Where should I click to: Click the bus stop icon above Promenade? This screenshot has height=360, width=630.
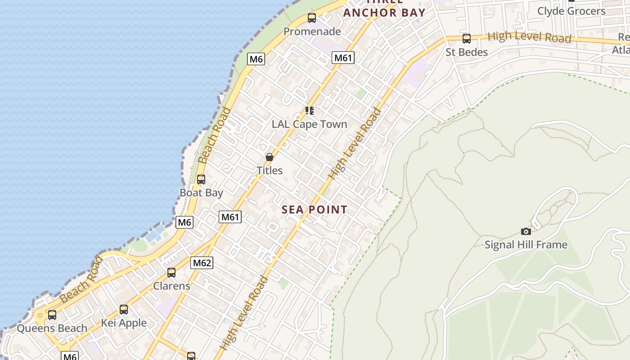point(312,18)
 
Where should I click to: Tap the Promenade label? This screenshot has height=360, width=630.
point(312,31)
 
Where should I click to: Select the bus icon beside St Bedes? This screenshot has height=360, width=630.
point(467,39)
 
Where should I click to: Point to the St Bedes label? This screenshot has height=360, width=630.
point(467,52)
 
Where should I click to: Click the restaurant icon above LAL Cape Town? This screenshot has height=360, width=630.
point(310,111)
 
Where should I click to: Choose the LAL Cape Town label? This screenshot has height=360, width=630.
point(310,124)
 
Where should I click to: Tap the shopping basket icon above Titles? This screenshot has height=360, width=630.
point(270,157)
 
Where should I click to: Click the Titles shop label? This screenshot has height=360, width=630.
point(270,171)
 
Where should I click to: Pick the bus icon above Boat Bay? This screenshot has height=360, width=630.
point(201,180)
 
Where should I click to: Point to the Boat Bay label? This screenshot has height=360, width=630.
point(201,193)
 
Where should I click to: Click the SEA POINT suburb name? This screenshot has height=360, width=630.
point(315,210)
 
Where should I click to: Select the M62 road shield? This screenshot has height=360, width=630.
point(202,263)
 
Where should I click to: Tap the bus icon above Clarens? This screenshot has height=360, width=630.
point(171,273)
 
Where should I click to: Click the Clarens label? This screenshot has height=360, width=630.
point(171,286)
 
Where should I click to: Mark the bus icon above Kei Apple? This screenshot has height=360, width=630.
point(124,310)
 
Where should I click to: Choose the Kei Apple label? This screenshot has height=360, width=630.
point(124,323)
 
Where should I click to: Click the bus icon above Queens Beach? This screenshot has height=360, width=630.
point(52,315)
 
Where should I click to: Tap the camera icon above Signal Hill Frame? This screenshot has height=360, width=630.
point(526,232)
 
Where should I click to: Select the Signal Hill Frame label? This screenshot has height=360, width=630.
point(526,245)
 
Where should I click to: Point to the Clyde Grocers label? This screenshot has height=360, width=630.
point(571,11)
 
